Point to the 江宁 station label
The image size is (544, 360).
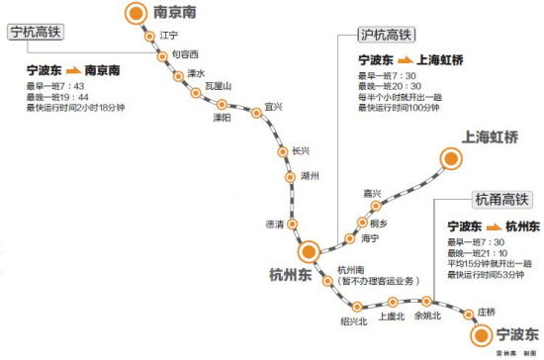click(x=169, y=36)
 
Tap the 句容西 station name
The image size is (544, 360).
click(x=185, y=53)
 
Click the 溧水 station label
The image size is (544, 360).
click(x=196, y=73)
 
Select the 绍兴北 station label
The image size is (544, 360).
click(x=354, y=321)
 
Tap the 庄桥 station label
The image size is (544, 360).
click(x=486, y=312)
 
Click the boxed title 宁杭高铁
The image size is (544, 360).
click(x=34, y=32)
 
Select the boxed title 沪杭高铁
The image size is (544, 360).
click(x=385, y=35)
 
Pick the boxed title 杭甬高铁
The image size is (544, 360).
click(x=500, y=199)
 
